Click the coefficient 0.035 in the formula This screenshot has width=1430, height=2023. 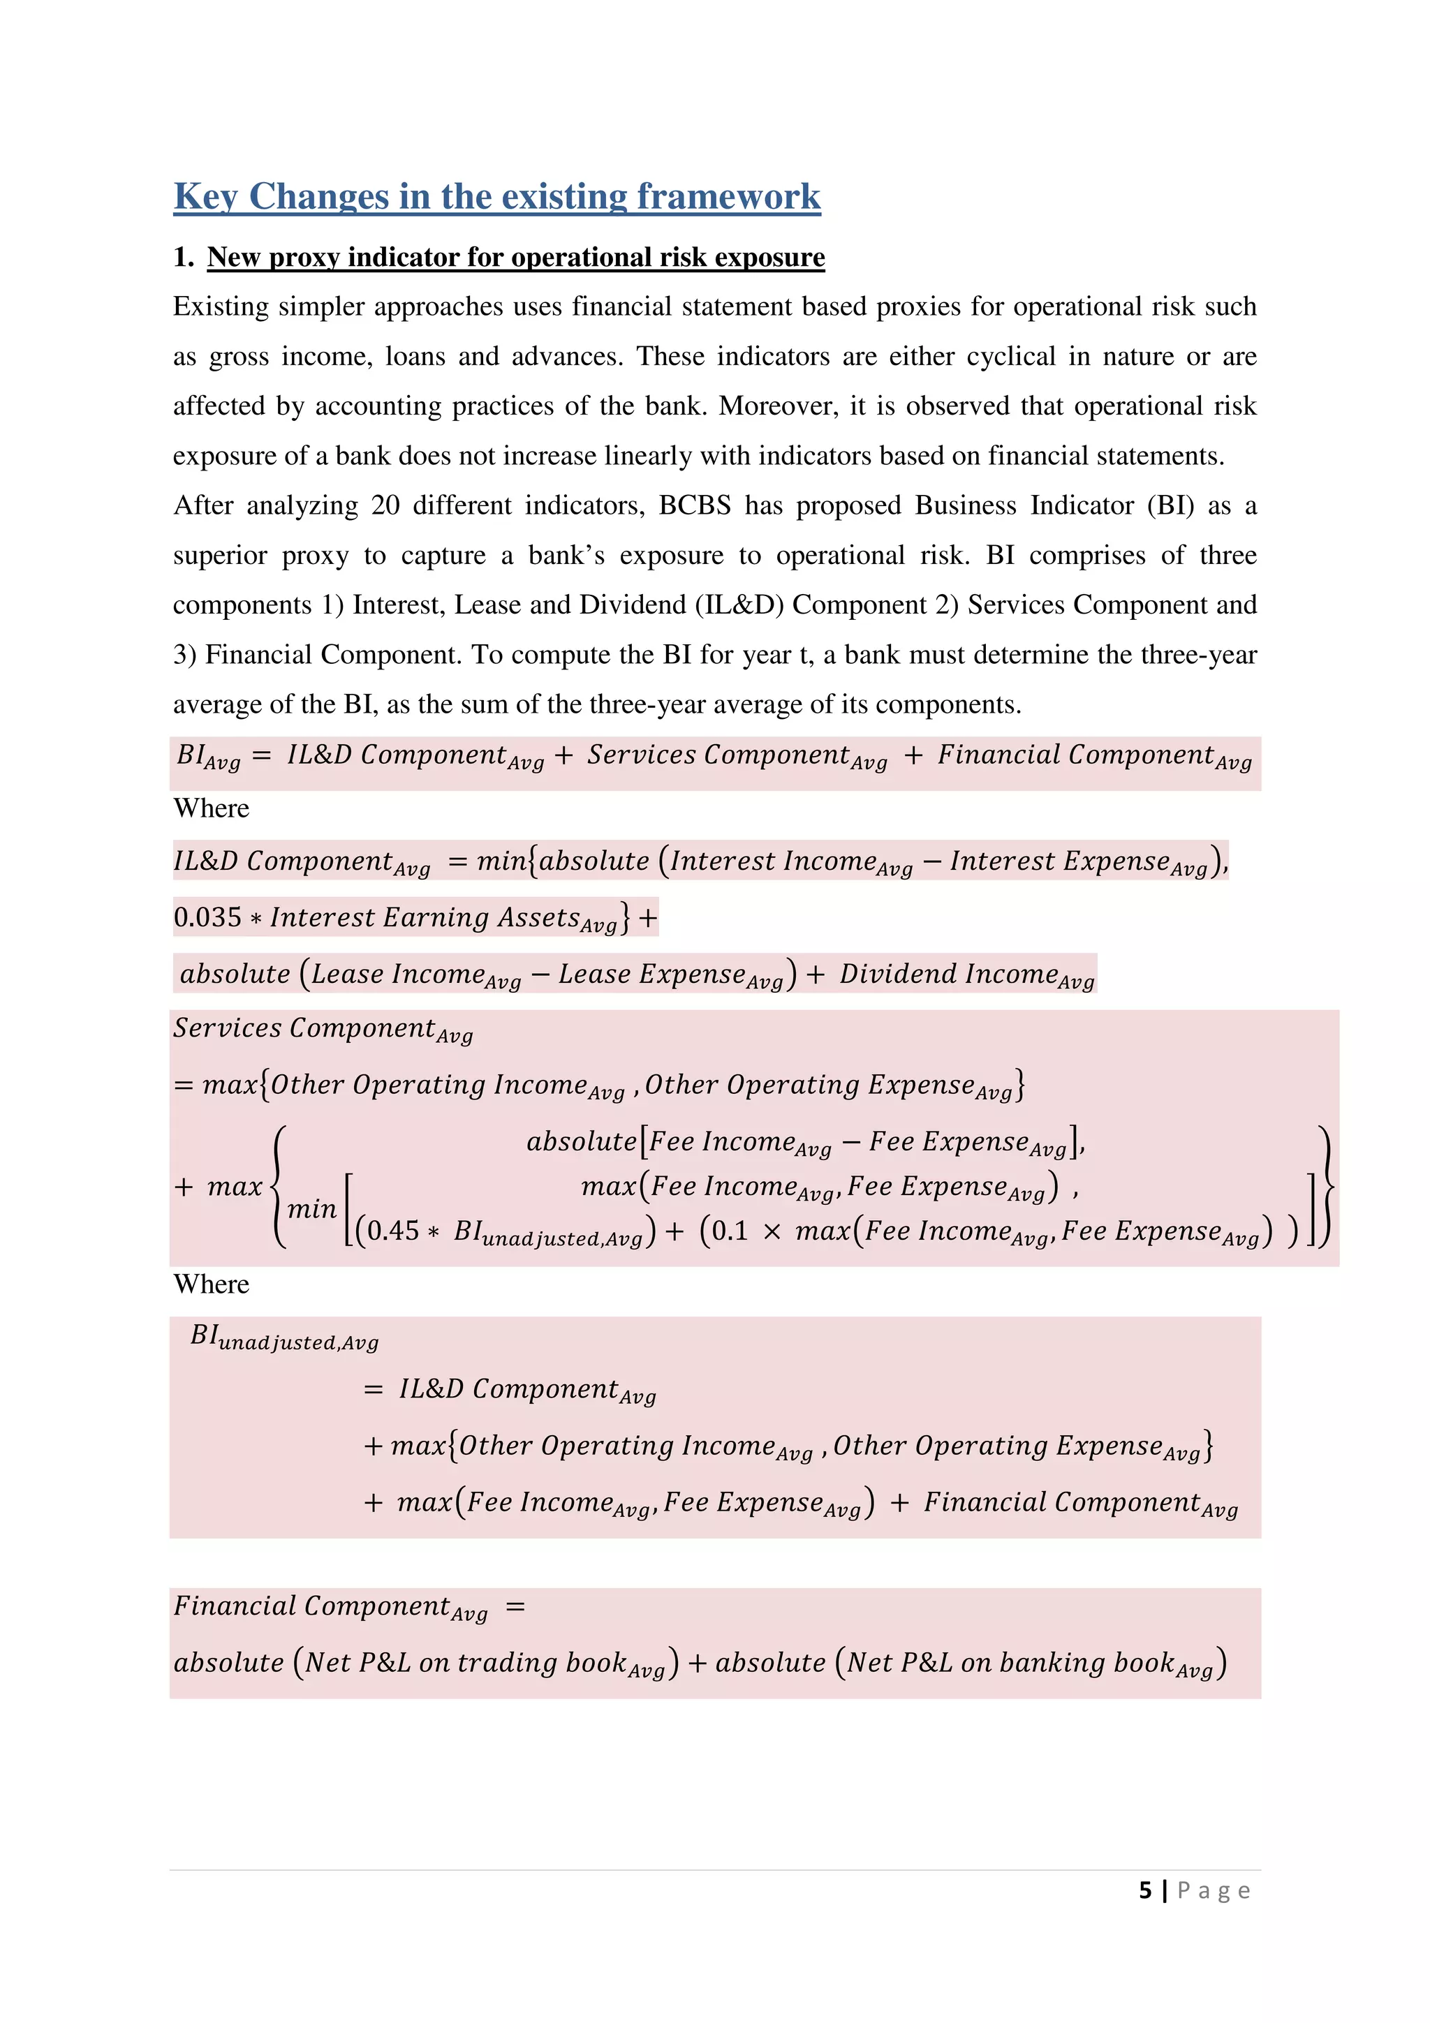pyautogui.click(x=207, y=917)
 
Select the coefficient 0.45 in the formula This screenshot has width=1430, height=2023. pyautogui.click(x=393, y=1231)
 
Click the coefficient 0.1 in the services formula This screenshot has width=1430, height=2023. pyautogui.click(x=730, y=1231)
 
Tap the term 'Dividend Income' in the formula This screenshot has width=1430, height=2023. pyautogui.click(x=948, y=974)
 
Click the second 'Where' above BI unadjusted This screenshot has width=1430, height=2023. pyautogui.click(x=211, y=1284)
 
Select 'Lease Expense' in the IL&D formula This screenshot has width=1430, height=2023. pyautogui.click(x=652, y=974)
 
